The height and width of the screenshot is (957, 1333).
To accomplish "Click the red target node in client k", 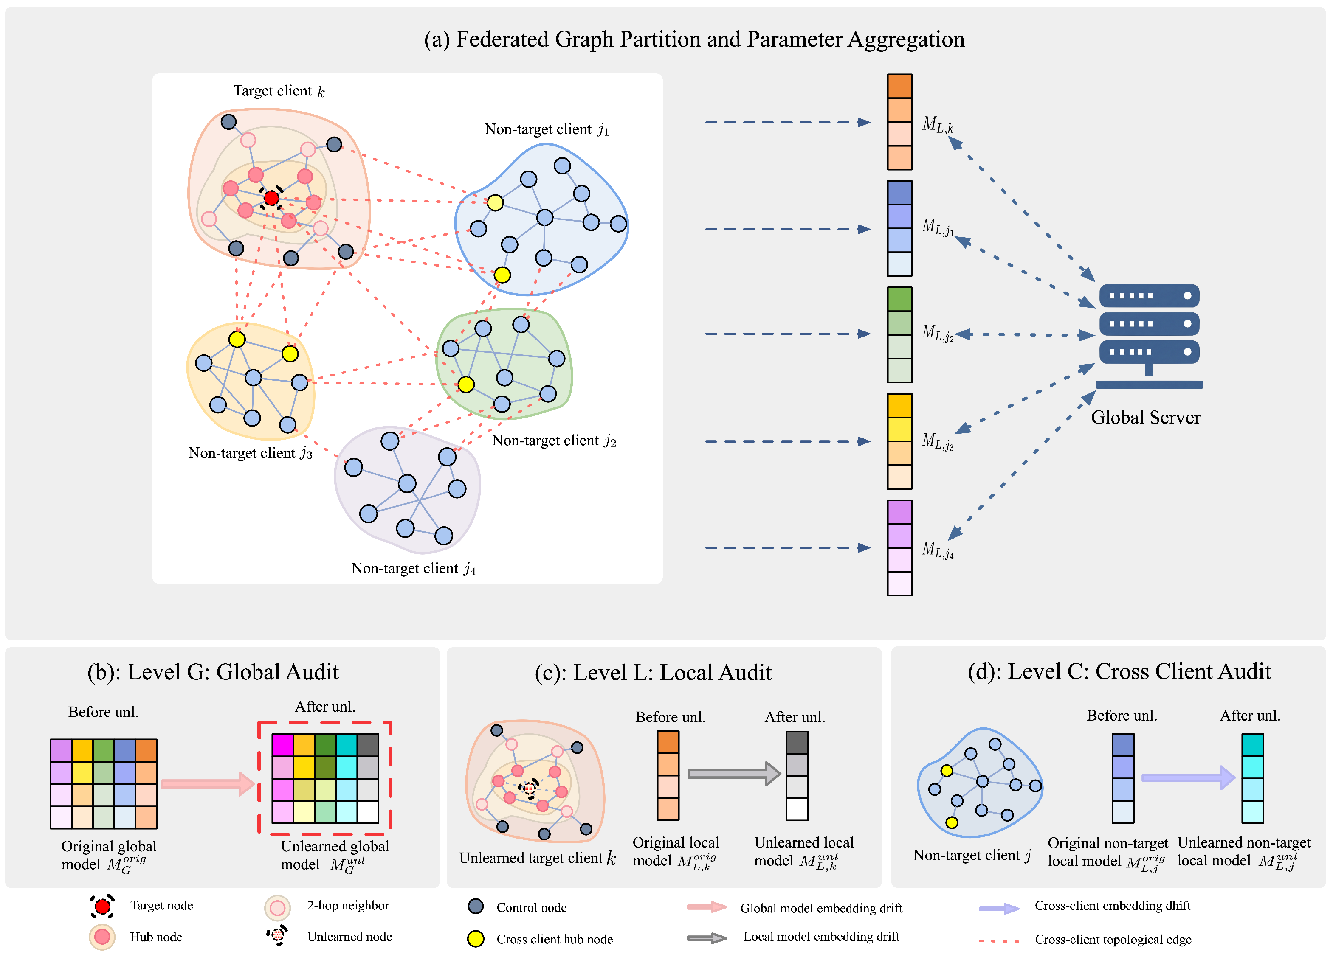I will (x=271, y=198).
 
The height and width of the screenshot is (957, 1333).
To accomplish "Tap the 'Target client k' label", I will (x=279, y=91).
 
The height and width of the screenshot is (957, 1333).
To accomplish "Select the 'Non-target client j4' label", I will (x=413, y=569).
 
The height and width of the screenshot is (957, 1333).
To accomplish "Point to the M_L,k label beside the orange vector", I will (x=938, y=124).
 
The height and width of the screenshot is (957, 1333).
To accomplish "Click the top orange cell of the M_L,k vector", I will (x=899, y=86).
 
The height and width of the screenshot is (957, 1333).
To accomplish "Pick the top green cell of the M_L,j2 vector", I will (x=899, y=299).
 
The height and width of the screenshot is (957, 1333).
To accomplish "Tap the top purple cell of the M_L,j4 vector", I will (x=899, y=512).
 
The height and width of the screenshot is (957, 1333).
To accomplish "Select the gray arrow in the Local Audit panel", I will (x=733, y=774).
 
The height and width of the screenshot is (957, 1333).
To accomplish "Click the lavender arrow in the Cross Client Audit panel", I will (x=1187, y=778).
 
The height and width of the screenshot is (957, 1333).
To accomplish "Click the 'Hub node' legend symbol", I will (x=102, y=937).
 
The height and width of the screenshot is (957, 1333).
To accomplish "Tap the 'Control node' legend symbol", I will (x=476, y=906).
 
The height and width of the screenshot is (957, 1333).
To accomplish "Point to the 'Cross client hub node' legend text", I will (x=554, y=939).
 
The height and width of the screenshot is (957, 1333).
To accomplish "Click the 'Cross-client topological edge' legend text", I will (x=1113, y=939).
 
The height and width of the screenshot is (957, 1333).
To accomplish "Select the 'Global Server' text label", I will (x=1145, y=418).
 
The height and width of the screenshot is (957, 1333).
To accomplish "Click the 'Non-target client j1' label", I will (x=546, y=129).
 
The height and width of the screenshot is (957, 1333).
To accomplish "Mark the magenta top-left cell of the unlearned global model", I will (x=283, y=745).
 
